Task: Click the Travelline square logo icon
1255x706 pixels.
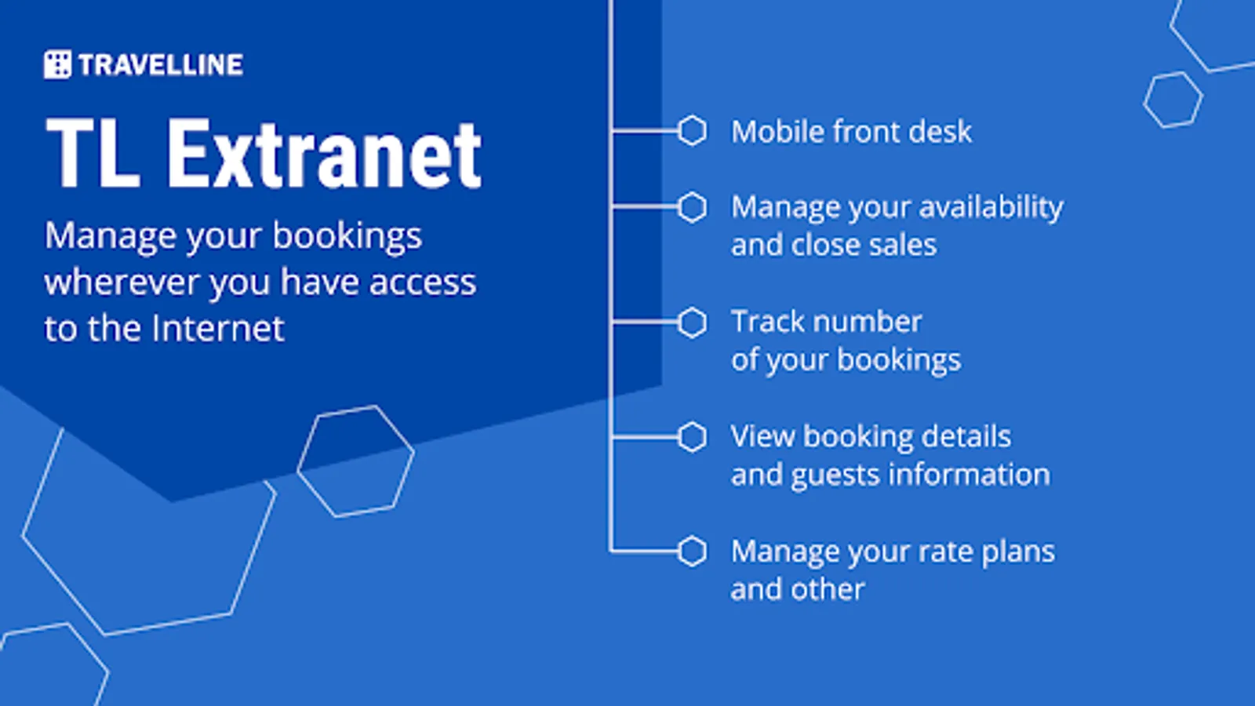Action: point(58,64)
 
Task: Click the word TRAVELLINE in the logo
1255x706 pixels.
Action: point(161,65)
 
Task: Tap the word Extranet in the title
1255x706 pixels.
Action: point(324,154)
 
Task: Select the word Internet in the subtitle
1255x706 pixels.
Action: point(219,328)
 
